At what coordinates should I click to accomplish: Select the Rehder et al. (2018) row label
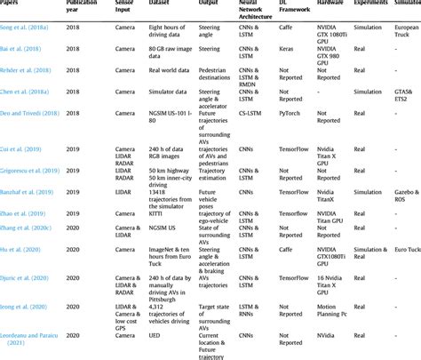26,68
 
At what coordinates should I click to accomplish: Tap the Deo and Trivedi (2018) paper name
32,114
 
